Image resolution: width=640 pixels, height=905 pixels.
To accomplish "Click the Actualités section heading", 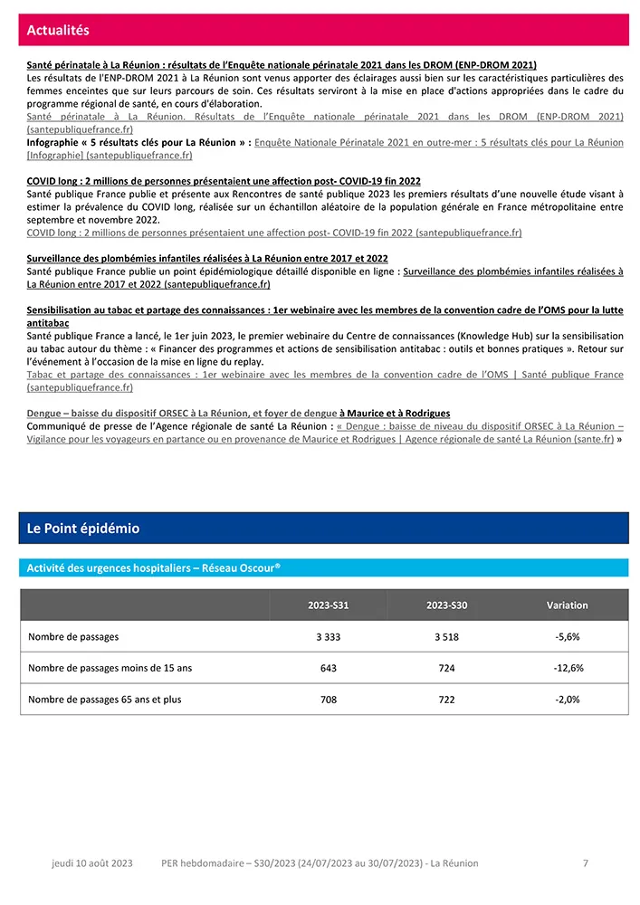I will (58, 31).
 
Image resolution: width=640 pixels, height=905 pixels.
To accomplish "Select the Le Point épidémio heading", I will (83, 529).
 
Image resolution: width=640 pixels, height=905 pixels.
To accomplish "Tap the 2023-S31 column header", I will (328, 605).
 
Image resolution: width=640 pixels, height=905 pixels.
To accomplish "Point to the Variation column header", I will (567, 605).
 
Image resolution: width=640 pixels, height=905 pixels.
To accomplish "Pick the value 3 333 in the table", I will (328, 637).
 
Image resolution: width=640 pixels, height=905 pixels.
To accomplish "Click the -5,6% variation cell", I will (567, 637).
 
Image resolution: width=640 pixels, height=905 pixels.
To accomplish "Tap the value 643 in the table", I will (328, 669).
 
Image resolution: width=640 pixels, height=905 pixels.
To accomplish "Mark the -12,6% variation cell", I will (568, 669).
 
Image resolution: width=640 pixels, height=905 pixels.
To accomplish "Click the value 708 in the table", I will (328, 700).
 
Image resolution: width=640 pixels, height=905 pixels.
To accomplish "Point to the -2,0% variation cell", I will (567, 700).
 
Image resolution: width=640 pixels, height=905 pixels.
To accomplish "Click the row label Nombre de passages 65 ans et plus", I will (104, 700).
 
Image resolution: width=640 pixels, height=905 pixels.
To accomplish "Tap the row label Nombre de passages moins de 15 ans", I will (110, 669).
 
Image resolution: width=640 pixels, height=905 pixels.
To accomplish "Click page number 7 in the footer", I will (586, 863).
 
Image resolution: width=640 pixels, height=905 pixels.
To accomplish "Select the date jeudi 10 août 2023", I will (91, 863).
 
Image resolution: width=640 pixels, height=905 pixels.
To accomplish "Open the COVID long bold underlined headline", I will (224, 181).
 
